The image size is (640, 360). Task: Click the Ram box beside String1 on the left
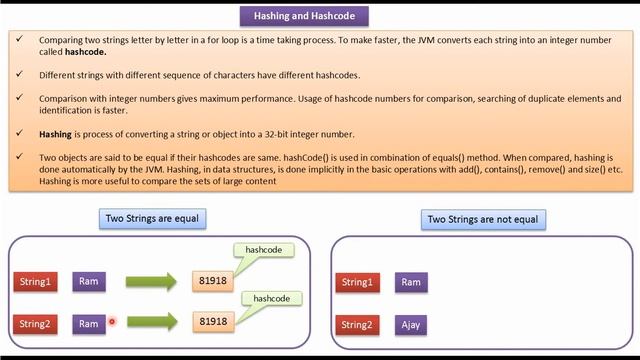tap(89, 282)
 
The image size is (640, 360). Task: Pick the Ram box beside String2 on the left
tap(89, 323)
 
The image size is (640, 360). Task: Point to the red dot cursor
tap(112, 322)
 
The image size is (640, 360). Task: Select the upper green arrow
tap(151, 281)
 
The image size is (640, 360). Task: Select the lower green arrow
tap(151, 322)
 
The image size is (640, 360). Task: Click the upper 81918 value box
tap(213, 281)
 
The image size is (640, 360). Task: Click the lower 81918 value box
tap(213, 321)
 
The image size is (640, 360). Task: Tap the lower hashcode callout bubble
tap(270, 297)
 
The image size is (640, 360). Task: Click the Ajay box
tap(411, 325)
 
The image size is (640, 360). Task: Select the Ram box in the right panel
tap(411, 283)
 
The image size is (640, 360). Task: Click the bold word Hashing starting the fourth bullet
tap(55, 133)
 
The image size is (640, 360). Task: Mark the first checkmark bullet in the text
tap(20, 40)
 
